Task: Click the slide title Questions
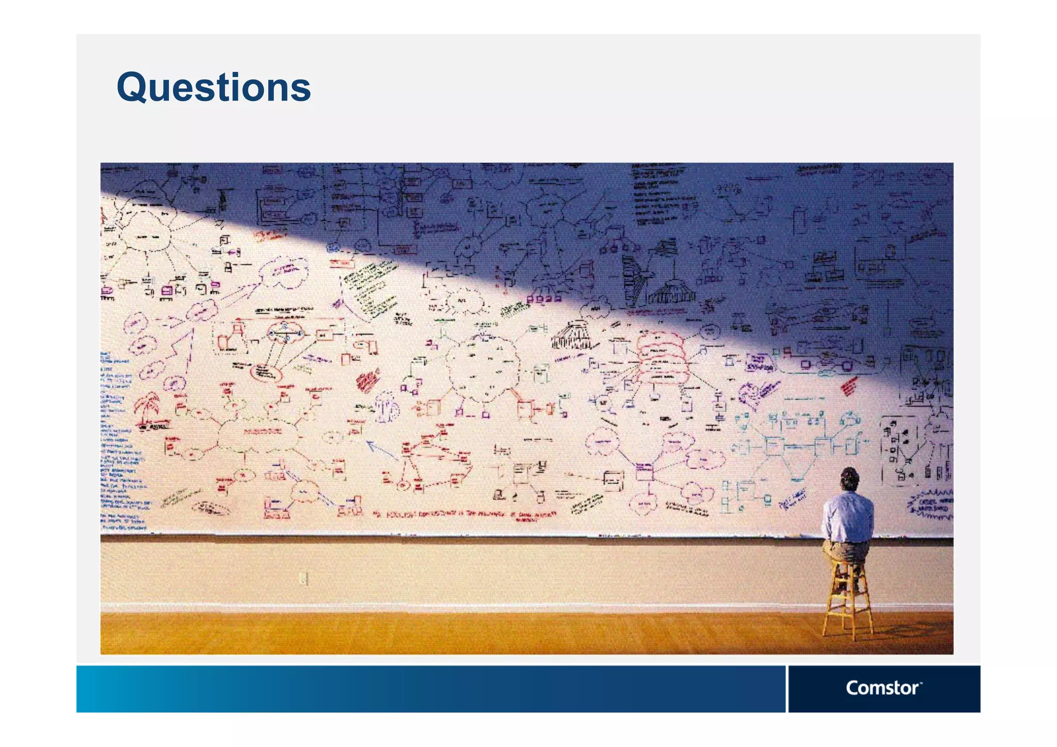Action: click(214, 88)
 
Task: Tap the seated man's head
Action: click(850, 478)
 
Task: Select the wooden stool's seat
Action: click(846, 560)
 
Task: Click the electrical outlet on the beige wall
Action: click(304, 579)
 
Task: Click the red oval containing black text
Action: click(266, 372)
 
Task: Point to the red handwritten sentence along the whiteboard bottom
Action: click(465, 515)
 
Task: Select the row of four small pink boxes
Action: click(543, 298)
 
